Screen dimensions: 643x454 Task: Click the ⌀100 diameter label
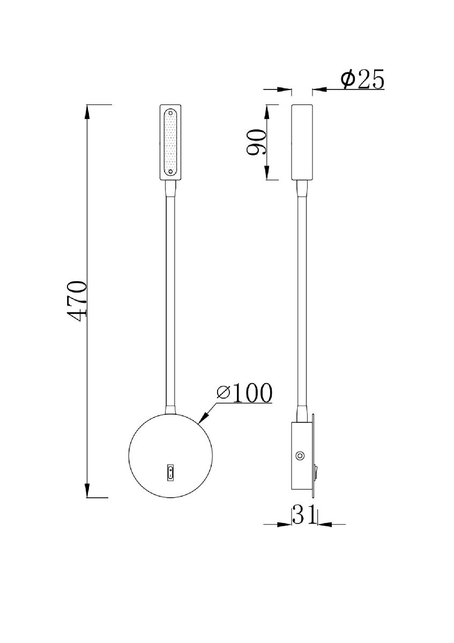tap(244, 393)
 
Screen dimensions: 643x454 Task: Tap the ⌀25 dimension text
tap(363, 80)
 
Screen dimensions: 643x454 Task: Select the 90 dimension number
tap(257, 142)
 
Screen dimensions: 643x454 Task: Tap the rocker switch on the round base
tap(170, 472)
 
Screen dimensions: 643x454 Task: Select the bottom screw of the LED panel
tap(170, 171)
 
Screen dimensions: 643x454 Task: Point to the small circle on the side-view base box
tap(300, 456)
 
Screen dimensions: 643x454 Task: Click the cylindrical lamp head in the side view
tap(302, 142)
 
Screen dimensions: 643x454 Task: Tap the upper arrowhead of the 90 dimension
tap(266, 110)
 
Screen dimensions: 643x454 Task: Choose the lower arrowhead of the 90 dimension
tap(266, 174)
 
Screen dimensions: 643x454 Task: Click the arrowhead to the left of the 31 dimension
tap(285, 524)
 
